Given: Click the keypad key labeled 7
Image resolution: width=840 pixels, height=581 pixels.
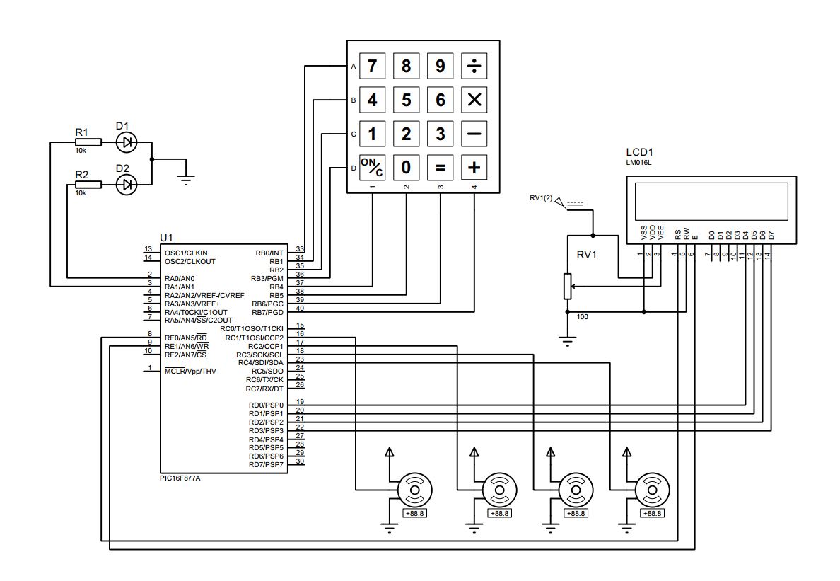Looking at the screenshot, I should (372, 66).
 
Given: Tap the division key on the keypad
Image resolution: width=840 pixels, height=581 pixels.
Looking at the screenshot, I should (474, 66).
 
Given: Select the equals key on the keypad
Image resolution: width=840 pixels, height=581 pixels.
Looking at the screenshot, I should (441, 168).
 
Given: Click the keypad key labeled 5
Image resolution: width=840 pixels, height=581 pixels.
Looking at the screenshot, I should (406, 100).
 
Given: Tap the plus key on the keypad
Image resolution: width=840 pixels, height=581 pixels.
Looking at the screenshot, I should (474, 168).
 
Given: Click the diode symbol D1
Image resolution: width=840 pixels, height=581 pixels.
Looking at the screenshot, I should (127, 142).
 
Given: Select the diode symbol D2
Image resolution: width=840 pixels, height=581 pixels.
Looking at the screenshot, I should (127, 185).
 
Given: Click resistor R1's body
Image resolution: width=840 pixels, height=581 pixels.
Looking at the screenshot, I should (88, 142).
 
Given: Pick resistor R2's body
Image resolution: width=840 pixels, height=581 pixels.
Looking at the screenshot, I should (88, 185).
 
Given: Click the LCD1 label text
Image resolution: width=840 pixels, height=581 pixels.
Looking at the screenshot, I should (640, 152).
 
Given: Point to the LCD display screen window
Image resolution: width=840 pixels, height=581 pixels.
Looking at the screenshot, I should (711, 201).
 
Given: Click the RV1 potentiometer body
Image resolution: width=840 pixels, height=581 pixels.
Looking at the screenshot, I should (566, 286).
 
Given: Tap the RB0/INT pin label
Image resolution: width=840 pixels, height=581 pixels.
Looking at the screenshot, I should (269, 253).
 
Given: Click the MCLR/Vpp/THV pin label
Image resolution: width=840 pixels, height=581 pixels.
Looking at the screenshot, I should (190, 371).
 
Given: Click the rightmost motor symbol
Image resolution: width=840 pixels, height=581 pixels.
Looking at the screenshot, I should (649, 489).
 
